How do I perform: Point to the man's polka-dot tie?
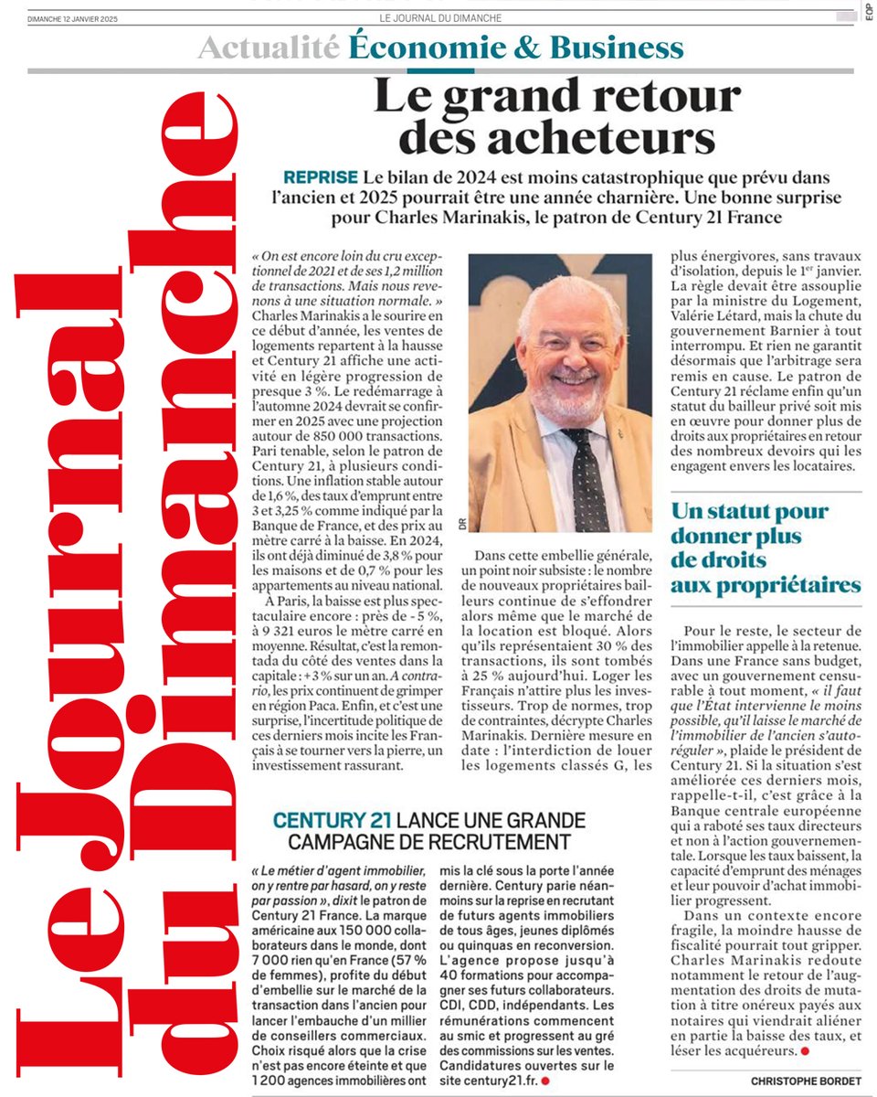[585, 475]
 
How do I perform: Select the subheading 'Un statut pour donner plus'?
[749, 523]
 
